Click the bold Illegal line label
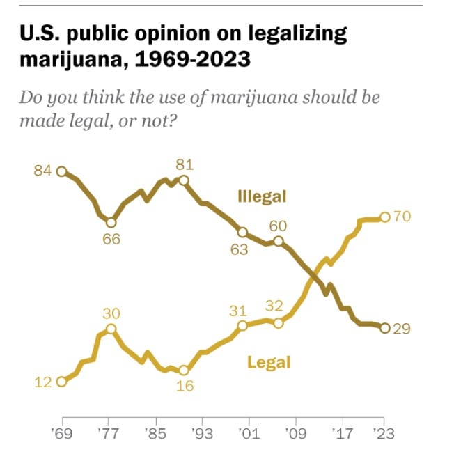point(262,196)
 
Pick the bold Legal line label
point(269,362)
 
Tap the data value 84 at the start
point(43,171)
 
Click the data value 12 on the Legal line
point(42,381)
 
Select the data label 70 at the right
point(402,217)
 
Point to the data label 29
point(402,329)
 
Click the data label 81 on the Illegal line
point(185,165)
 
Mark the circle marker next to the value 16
point(184,371)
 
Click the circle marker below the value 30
point(110,329)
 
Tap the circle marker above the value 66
point(110,222)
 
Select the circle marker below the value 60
point(279,242)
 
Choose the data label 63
point(239,249)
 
